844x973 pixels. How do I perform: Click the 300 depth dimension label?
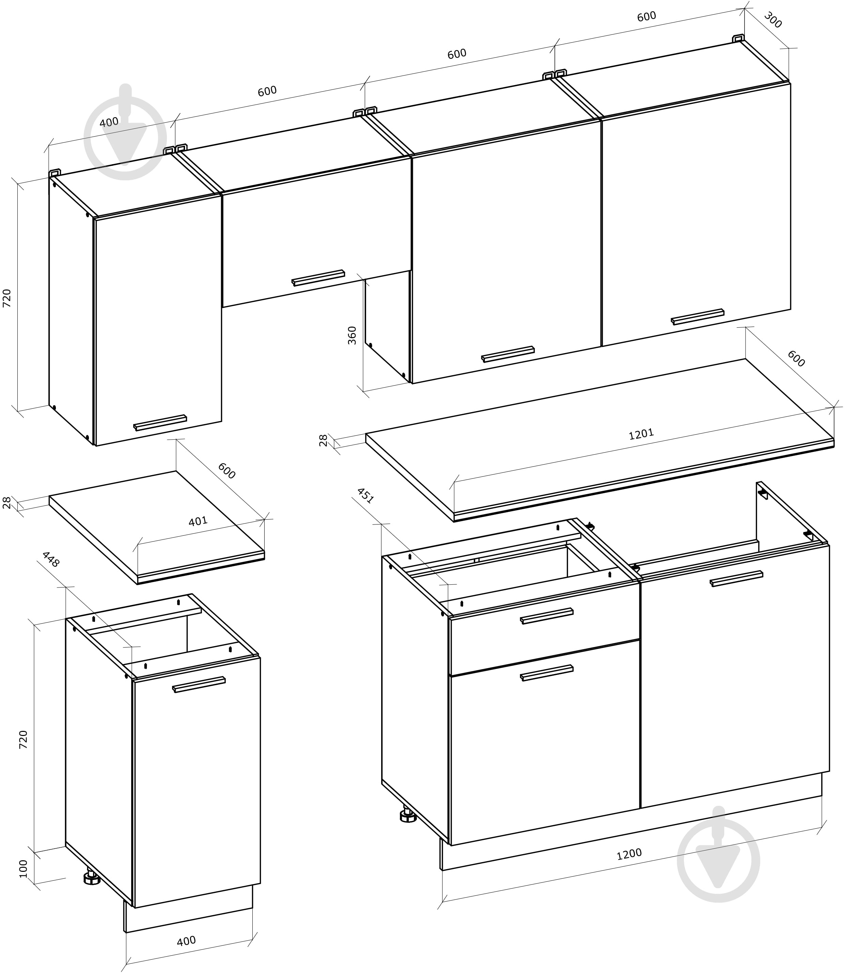[772, 21]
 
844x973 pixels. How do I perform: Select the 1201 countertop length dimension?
[641, 433]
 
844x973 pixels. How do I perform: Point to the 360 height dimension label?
[352, 335]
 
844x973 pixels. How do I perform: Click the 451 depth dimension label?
[365, 496]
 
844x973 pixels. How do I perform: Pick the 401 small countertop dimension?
[198, 521]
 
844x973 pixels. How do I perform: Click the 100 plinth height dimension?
[23, 869]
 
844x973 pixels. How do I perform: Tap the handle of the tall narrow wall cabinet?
[160, 422]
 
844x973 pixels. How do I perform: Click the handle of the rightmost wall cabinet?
[698, 316]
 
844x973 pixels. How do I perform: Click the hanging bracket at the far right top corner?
[738, 38]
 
